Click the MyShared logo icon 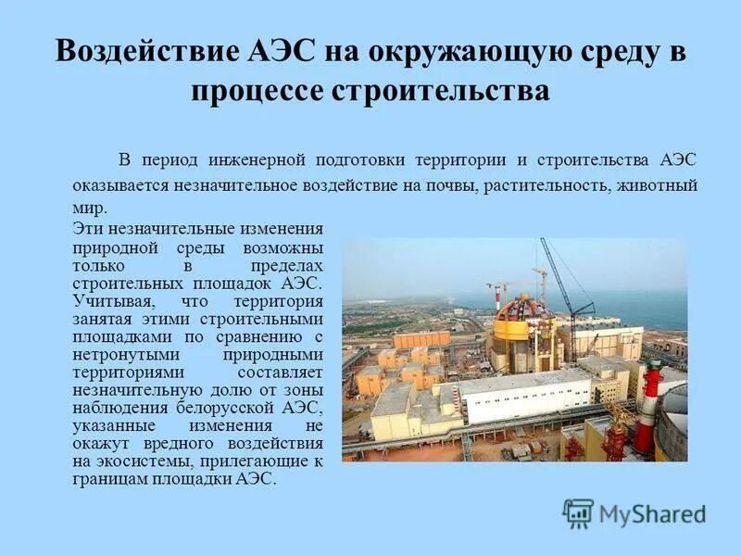click(x=577, y=512)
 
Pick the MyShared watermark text click(x=651, y=514)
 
